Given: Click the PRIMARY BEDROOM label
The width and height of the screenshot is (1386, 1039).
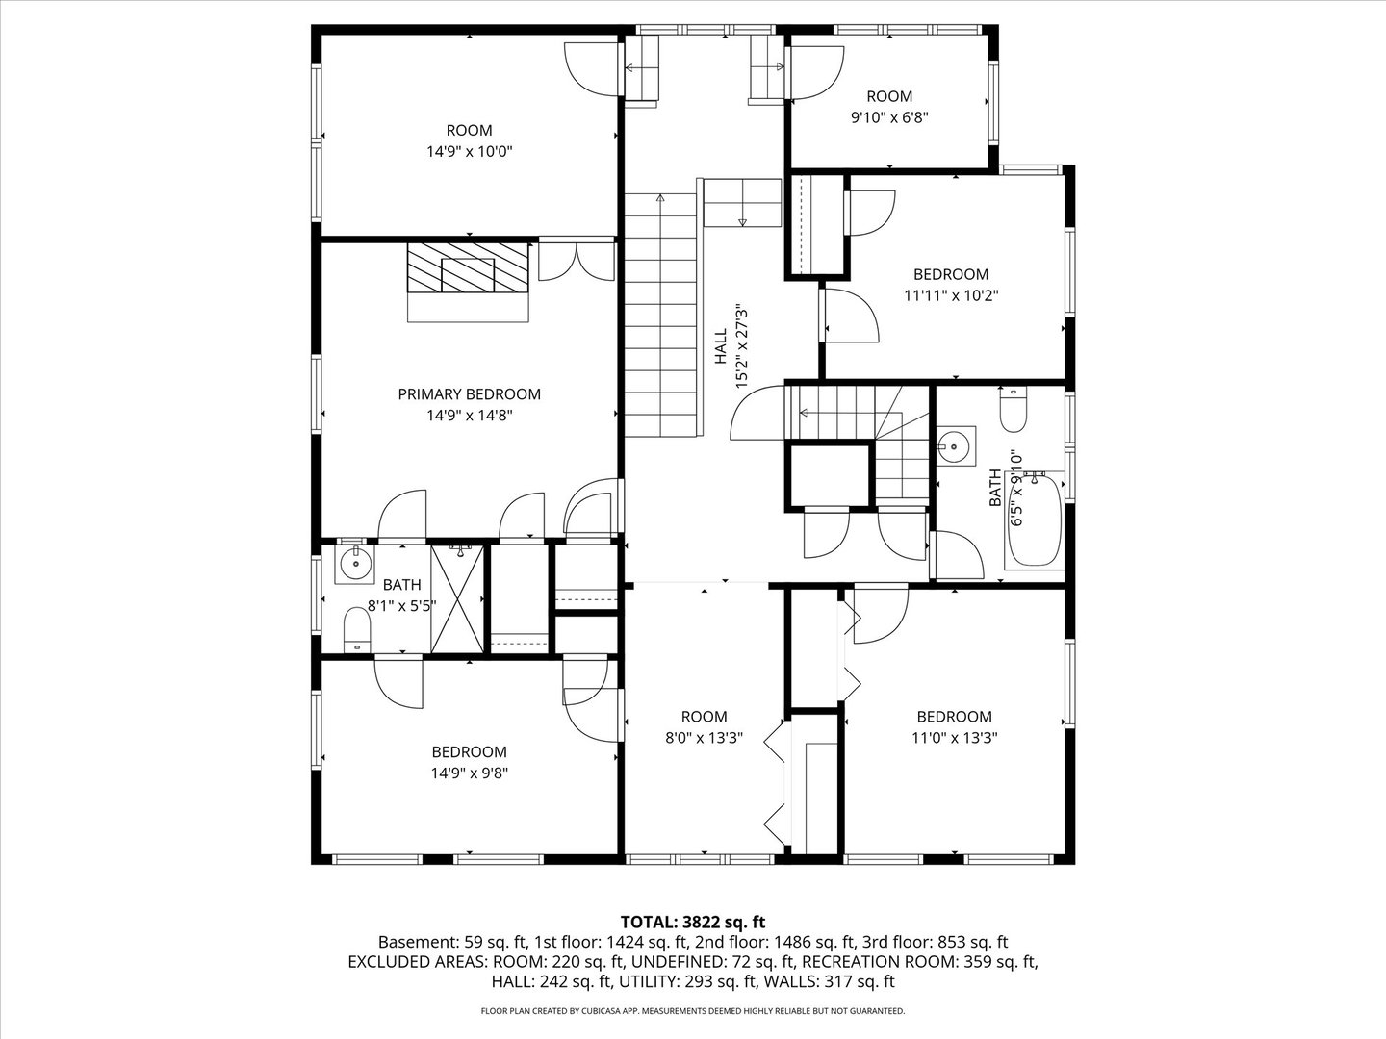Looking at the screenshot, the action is [x=469, y=394].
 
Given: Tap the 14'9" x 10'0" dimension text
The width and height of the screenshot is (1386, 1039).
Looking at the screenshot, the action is [x=469, y=151].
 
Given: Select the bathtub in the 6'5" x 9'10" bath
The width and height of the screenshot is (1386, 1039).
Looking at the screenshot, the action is [x=1034, y=521].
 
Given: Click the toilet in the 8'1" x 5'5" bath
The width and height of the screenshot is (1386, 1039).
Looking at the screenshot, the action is [x=357, y=629].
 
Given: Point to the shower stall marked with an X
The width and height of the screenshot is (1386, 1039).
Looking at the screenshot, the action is [x=457, y=599].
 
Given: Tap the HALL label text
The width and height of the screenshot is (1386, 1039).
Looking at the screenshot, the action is [x=721, y=347].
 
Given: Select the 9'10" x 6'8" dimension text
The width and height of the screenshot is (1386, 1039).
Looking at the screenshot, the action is [x=889, y=117].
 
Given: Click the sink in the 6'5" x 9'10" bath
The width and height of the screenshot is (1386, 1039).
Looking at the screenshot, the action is [x=956, y=446].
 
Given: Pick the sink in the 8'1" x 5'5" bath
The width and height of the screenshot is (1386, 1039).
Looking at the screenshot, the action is [x=354, y=564].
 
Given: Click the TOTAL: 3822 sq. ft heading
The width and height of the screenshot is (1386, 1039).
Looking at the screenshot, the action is [x=693, y=923].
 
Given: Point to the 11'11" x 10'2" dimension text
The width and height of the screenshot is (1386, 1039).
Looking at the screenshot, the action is [x=952, y=295].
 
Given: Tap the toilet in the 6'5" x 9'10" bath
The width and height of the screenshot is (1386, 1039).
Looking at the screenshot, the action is [x=1014, y=410].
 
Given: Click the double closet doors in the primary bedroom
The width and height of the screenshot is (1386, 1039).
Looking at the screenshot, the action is [x=577, y=261].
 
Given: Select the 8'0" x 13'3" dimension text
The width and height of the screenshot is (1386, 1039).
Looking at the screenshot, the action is [x=704, y=738].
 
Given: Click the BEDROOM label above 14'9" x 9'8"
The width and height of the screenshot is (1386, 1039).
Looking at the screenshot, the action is [x=469, y=752].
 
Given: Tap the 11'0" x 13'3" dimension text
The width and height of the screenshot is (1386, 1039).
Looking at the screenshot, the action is [x=955, y=738].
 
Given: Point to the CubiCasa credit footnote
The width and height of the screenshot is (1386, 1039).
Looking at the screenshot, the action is [x=693, y=1011].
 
